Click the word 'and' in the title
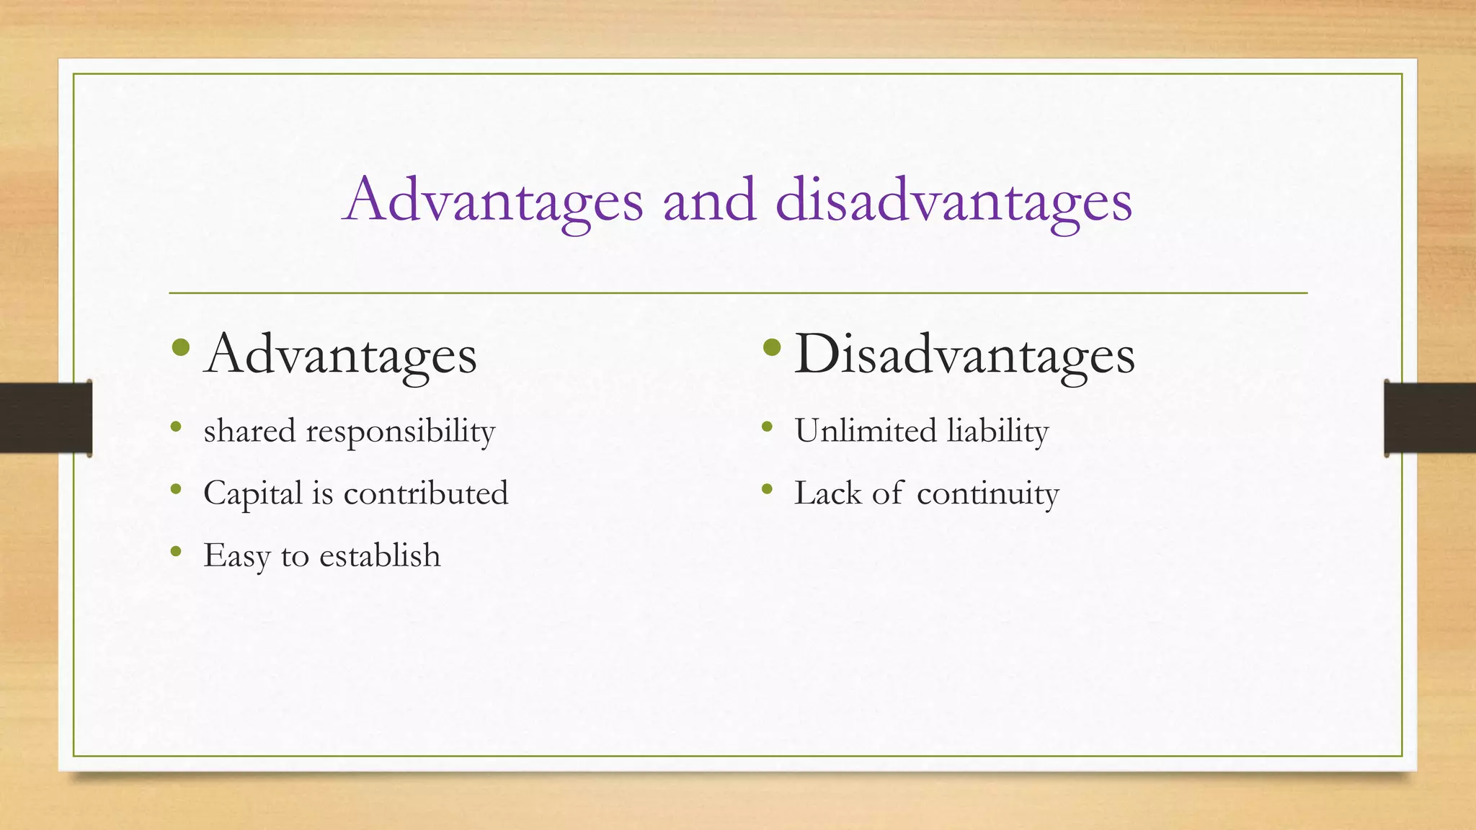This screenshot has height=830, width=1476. [709, 200]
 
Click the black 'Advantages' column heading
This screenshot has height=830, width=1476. [340, 354]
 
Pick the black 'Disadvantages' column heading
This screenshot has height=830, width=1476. [964, 354]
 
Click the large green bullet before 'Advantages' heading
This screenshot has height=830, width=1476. [181, 349]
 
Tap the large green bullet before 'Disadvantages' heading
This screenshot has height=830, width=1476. [771, 349]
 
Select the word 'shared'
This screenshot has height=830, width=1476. [249, 431]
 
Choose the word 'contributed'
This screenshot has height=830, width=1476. [426, 494]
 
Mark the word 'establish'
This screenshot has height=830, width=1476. [380, 555]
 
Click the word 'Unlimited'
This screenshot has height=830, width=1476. [865, 431]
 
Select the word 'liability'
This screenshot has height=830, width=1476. [997, 432]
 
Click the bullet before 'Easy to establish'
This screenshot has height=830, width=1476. [176, 553]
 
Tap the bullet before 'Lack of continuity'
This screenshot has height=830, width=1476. [767, 490]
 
